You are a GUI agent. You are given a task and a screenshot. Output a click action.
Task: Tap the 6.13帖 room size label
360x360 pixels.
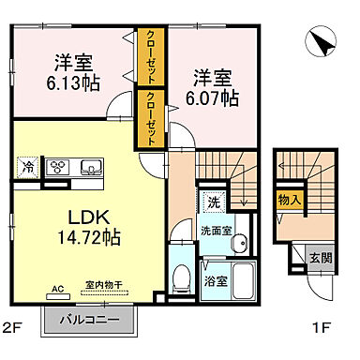pos(72,82)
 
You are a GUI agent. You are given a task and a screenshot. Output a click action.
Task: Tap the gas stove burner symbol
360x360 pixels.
pos(57,169)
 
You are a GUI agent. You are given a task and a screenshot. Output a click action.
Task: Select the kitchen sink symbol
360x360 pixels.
pos(91,169)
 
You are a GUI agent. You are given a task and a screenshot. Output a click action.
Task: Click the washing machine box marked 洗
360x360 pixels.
pos(213,201)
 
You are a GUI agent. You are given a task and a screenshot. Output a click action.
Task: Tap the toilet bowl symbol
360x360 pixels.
pos(180,276)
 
